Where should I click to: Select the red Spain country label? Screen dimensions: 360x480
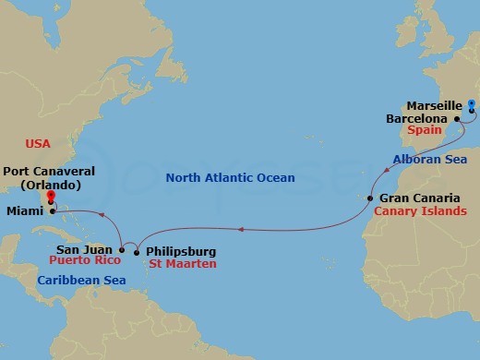tap(440, 133)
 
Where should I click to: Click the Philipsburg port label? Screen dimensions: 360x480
tap(181, 250)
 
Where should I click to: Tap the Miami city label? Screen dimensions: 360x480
tap(20, 211)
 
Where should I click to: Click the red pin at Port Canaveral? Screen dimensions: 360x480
tap(52, 196)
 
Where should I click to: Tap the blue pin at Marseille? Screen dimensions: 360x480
tap(472, 105)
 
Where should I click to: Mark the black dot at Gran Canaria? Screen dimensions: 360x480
tap(370, 198)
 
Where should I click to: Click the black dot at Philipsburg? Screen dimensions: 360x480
tap(137, 251)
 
